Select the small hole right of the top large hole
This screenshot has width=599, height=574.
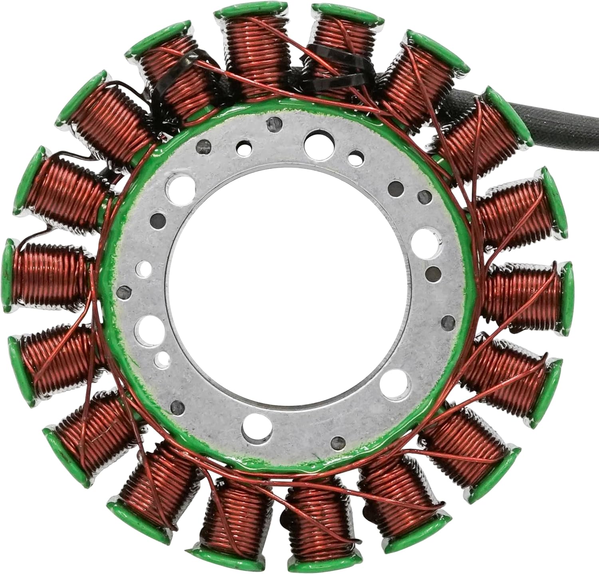tap(354, 157)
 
